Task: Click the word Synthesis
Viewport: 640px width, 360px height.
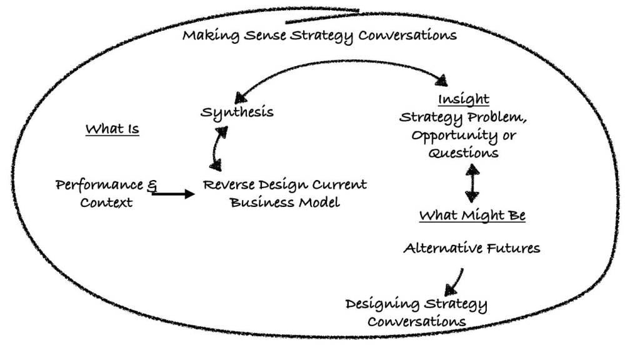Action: point(237,112)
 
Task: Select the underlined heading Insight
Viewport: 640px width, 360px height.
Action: point(463,99)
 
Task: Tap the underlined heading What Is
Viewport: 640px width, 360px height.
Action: point(112,129)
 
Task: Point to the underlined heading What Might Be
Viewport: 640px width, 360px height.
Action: point(472,216)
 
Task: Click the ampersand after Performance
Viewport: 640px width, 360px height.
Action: point(152,184)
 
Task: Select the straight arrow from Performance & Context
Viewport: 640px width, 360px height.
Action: point(173,194)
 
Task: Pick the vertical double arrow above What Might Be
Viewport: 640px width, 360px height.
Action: point(472,182)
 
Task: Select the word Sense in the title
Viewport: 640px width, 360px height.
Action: point(267,35)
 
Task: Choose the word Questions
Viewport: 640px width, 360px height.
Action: point(463,152)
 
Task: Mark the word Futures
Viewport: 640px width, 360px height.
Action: point(515,248)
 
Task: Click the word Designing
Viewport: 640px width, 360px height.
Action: point(382,304)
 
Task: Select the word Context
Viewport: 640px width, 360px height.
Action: point(106,202)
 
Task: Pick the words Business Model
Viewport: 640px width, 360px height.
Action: point(285,202)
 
